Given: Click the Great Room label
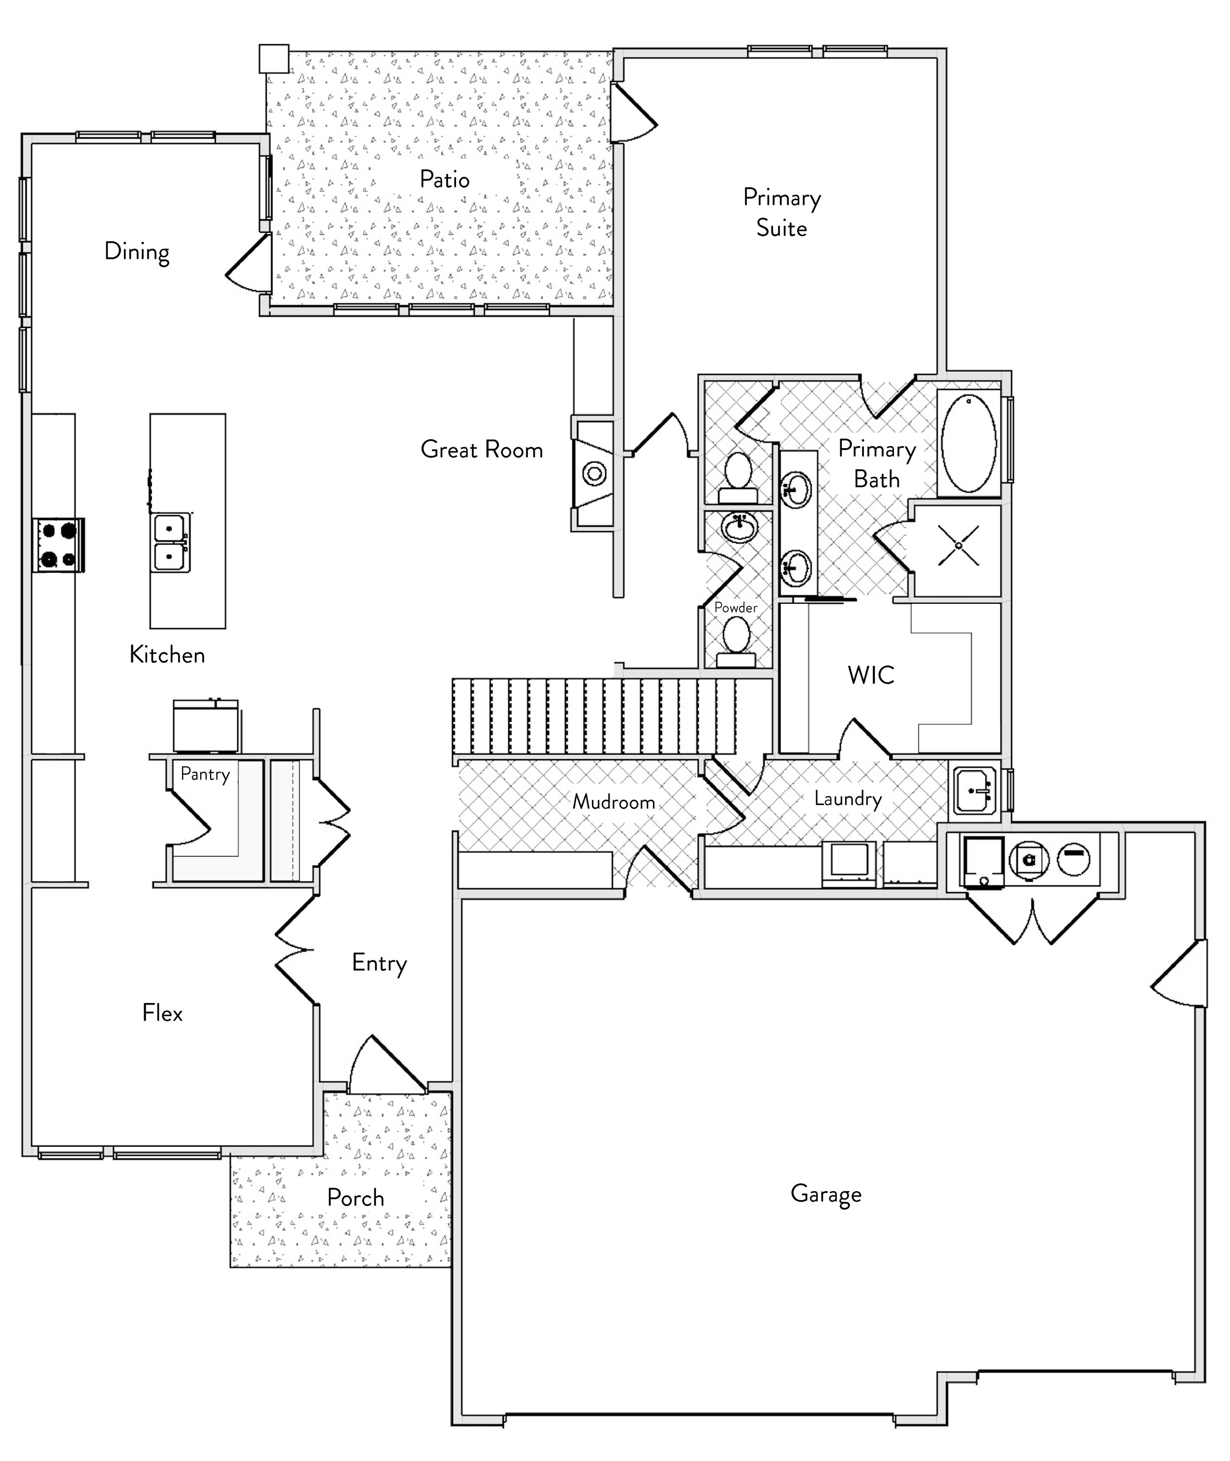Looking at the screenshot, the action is click(x=482, y=449).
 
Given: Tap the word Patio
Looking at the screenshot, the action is click(x=444, y=179).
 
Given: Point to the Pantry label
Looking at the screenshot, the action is click(x=205, y=774).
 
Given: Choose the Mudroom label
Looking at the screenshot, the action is click(x=614, y=802).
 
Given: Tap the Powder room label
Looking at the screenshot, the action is click(x=736, y=608).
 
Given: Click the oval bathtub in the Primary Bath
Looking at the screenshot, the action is click(x=969, y=443).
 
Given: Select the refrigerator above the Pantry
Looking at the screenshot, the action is click(x=206, y=726).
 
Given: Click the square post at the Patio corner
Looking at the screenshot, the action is click(x=274, y=59).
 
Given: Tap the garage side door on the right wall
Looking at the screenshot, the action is click(x=1178, y=974).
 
